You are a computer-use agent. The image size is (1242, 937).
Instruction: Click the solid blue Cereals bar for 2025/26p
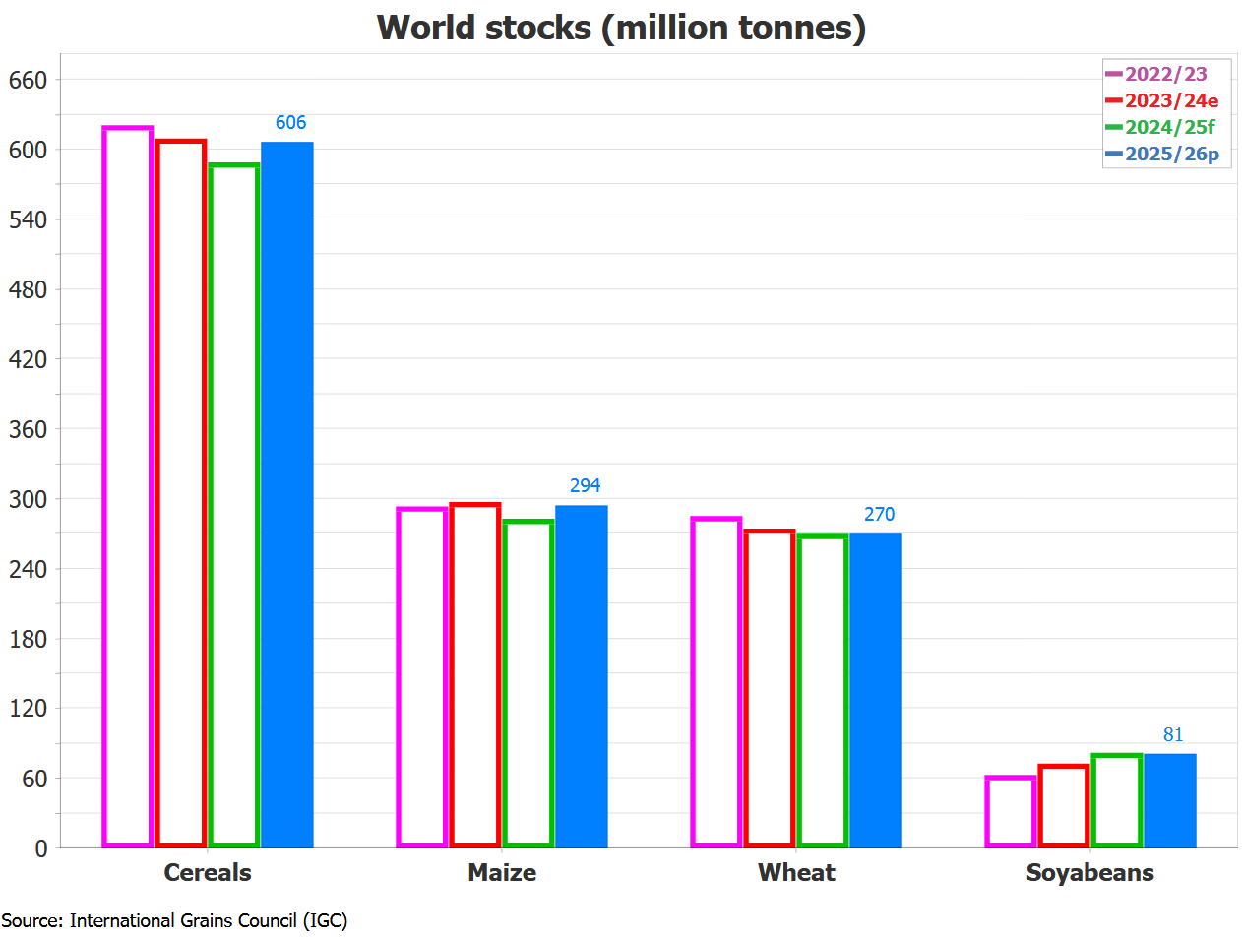click(287, 494)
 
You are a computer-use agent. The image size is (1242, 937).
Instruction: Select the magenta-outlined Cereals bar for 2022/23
click(128, 487)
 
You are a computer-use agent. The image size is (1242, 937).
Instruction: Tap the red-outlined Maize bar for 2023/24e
click(475, 675)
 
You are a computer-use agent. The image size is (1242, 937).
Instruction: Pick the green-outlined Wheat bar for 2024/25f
click(823, 691)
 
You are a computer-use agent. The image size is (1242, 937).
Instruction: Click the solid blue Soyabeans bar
click(1170, 800)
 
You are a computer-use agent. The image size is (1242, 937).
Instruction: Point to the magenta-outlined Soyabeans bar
click(1011, 812)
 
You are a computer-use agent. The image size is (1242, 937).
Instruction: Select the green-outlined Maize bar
click(528, 684)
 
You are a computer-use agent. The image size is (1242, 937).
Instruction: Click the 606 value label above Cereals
click(290, 123)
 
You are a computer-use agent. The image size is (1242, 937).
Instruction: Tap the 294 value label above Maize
click(585, 486)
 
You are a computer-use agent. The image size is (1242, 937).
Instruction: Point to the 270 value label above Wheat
click(879, 515)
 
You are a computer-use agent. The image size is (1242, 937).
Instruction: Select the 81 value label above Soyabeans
click(1173, 734)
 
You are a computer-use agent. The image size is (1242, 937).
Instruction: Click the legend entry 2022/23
click(1165, 74)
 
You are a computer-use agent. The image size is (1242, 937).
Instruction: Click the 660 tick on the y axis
click(28, 80)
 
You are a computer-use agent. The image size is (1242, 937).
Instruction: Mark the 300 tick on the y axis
click(28, 499)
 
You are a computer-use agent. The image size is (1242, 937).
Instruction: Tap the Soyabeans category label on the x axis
click(1089, 873)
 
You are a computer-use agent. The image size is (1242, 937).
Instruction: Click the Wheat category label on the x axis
click(796, 873)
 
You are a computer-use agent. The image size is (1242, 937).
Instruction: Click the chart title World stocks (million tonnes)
click(621, 28)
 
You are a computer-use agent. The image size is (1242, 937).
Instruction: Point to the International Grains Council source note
click(174, 921)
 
